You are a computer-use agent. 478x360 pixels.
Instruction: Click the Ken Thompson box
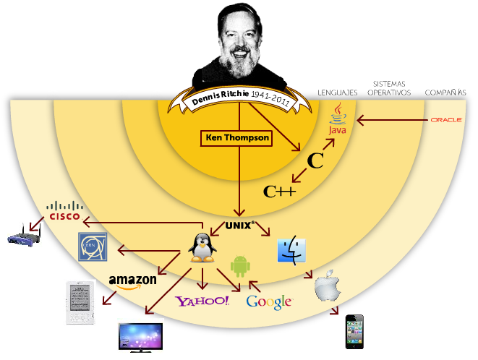pos(236,137)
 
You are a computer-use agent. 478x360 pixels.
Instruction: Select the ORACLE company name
pos(446,120)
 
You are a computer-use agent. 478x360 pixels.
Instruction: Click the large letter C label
pos(315,161)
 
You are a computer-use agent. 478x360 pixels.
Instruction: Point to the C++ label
pos(279,192)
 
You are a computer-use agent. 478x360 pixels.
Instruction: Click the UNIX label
pos(239,225)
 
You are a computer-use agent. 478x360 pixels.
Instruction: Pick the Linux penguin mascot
pos(203,248)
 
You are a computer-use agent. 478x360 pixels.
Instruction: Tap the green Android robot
pos(240,267)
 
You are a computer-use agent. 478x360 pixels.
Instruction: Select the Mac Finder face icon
pos(292,249)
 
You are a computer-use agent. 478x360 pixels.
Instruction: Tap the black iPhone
pos(354,332)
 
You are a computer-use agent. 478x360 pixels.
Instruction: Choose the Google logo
pos(269,301)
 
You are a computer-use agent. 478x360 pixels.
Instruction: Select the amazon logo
pos(133,281)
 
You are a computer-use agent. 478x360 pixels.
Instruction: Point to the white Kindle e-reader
pos(80,301)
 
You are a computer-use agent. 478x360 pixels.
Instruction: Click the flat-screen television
pos(140,337)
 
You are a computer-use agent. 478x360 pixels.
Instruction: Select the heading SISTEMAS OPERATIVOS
pos(388,88)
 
